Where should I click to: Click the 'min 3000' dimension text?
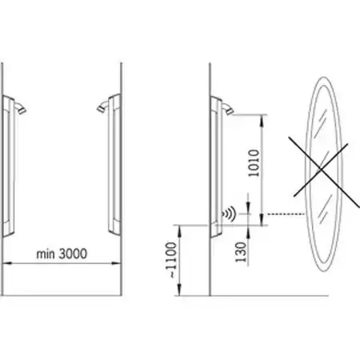62,254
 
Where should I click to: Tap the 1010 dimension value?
254,163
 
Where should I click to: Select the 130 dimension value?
241,252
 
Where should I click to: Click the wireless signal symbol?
230,214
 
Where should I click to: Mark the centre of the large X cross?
321,170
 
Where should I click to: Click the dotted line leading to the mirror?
286,214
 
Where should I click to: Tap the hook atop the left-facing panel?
21,108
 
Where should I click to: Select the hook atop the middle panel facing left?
103,106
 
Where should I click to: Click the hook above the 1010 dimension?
227,109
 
